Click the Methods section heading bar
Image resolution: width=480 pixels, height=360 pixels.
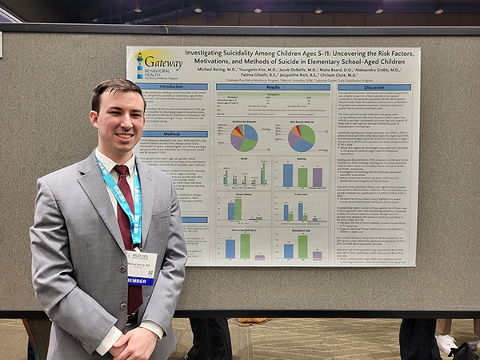171,134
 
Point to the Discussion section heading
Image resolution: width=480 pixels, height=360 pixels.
373,86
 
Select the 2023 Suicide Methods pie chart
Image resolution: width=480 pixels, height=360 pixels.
302,137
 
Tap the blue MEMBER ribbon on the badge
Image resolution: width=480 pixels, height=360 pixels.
140,280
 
